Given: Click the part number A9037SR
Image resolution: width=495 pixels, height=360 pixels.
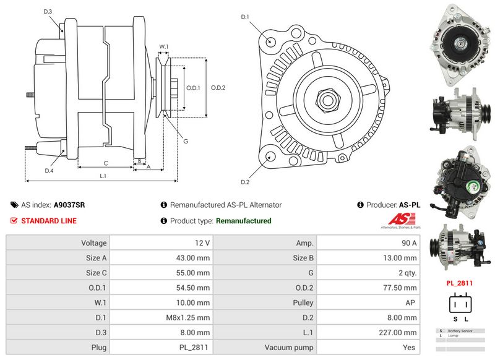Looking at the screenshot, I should click(69, 205).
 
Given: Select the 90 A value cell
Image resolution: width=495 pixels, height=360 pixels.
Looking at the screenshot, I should click(408, 243).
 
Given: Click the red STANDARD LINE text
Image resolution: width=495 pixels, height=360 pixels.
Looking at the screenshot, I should click(49, 221).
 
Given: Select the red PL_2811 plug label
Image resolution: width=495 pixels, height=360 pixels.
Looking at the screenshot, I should click(459, 283).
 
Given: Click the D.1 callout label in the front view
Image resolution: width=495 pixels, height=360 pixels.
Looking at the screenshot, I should click(244, 17).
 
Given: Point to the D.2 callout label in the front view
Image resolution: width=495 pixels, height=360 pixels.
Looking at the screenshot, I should click(244, 182).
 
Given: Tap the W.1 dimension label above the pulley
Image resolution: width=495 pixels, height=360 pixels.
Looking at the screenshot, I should click(164, 47).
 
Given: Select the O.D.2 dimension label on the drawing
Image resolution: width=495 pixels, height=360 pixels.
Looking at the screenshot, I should click(218, 87).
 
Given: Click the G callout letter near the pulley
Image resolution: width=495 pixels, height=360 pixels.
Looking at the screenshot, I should click(185, 141).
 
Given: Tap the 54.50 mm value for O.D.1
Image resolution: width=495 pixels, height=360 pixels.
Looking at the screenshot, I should click(197, 288).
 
